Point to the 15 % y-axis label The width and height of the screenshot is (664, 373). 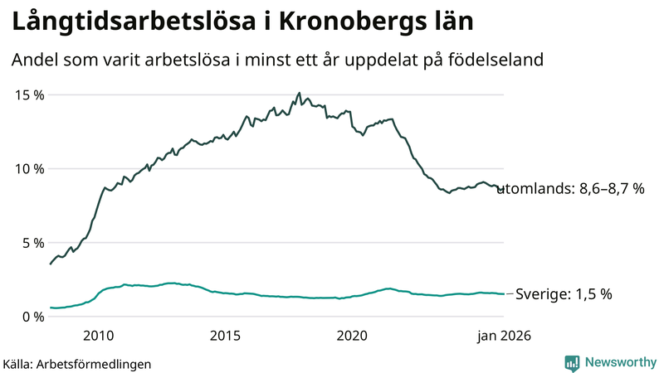[x=30, y=94]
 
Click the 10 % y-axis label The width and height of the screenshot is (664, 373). [x=30, y=168]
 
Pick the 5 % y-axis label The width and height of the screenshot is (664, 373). [x=33, y=243]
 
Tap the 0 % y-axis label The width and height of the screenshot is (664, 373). [x=33, y=317]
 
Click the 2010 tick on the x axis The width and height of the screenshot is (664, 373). [x=98, y=336]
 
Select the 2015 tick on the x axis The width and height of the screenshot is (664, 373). [x=225, y=336]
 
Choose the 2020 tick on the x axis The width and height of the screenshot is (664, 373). [x=352, y=336]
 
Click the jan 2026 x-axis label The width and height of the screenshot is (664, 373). [x=504, y=336]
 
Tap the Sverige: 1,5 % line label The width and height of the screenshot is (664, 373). [x=564, y=294]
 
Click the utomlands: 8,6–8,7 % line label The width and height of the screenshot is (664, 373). [x=571, y=189]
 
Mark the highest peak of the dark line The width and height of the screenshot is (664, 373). [x=299, y=94]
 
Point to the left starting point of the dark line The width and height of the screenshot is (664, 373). [x=51, y=264]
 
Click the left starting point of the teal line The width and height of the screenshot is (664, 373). [x=51, y=308]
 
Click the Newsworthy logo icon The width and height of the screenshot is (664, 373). [x=572, y=362]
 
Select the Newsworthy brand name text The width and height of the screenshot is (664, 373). [x=619, y=362]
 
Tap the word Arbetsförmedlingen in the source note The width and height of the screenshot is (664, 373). [x=95, y=364]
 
